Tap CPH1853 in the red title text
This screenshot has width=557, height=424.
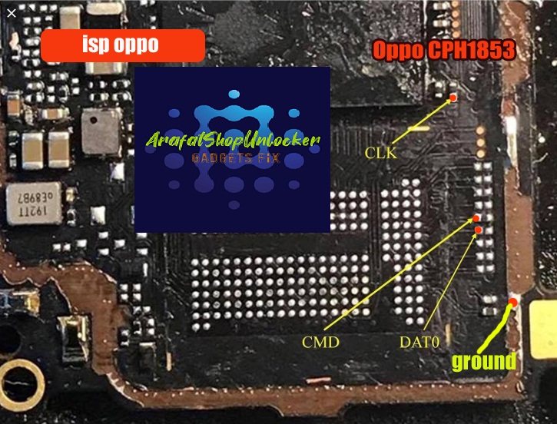point(476,51)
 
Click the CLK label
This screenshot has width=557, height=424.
point(382,154)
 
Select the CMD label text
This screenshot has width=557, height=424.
point(321,342)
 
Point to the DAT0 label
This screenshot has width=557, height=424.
point(419,342)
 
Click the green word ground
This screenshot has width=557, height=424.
point(483,361)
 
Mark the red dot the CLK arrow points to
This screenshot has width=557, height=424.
point(453,98)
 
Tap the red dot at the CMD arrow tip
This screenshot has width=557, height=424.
point(476,220)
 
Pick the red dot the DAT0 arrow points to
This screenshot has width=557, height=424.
point(479,230)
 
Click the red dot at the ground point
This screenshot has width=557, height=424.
point(512,302)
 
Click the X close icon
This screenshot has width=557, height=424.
point(11,12)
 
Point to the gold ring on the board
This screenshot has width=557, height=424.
point(21,379)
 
